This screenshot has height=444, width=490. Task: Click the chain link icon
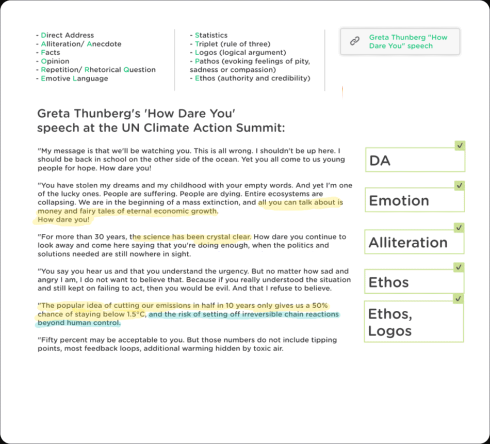coord(355,41)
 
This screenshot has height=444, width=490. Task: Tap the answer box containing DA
coord(415,160)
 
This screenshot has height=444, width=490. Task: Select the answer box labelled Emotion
coord(415,200)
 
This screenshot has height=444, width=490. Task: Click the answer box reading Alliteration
coord(415,242)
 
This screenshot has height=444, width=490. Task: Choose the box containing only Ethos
coord(415,282)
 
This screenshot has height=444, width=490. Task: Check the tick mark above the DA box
coord(460,146)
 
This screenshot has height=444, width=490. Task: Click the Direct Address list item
coord(68,35)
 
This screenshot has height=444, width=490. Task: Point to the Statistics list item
coord(211,35)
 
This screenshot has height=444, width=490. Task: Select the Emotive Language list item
coord(75,78)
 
